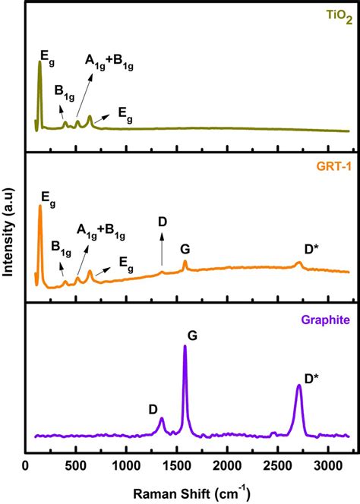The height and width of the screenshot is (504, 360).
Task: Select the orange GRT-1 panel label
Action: [x=332, y=164]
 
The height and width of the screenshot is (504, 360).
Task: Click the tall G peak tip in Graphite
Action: [x=185, y=347]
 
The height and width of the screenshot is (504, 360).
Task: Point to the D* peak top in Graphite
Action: [x=299, y=386]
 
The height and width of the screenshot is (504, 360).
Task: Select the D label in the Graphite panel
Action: [x=153, y=409]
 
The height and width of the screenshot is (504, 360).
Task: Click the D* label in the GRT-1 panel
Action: [x=311, y=248]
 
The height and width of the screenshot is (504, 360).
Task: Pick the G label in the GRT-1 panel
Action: [x=185, y=248]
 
